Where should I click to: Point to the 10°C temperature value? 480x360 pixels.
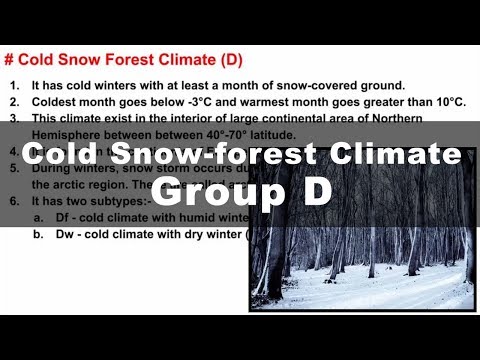pyautogui.click(x=444, y=100)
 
